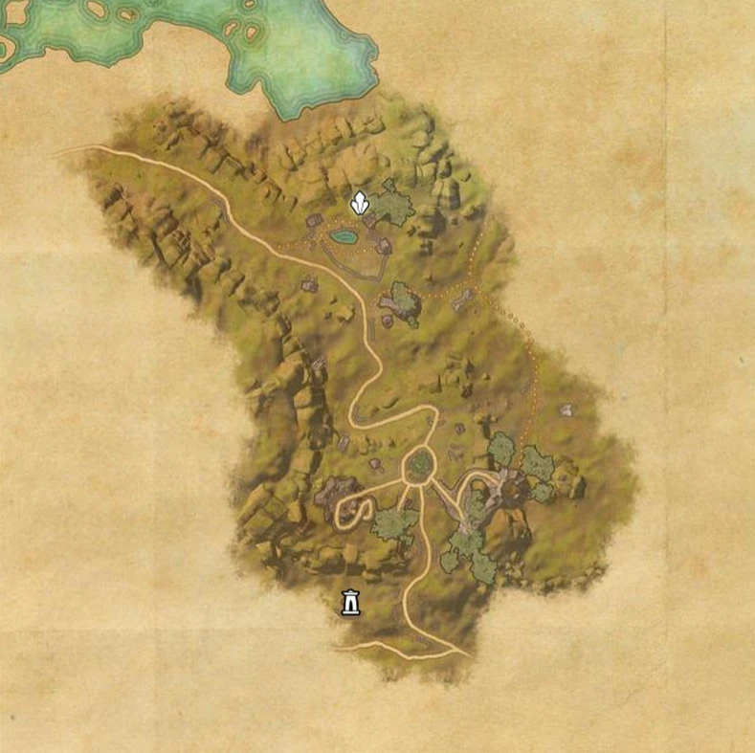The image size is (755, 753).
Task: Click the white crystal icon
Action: click(359, 203)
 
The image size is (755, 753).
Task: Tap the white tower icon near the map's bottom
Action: click(350, 603)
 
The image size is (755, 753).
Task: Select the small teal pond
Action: click(343, 235)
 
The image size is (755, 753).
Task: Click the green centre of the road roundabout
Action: click(420, 466)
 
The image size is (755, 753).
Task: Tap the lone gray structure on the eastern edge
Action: click(566, 410)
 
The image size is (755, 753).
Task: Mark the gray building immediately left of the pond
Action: click(313, 221)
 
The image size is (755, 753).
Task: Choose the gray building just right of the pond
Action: click(384, 246)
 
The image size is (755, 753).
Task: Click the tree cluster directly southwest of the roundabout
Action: click(393, 523)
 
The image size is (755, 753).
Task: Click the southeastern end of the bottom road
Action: click(467, 656)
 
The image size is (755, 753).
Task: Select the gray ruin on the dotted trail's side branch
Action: click(463, 300)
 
